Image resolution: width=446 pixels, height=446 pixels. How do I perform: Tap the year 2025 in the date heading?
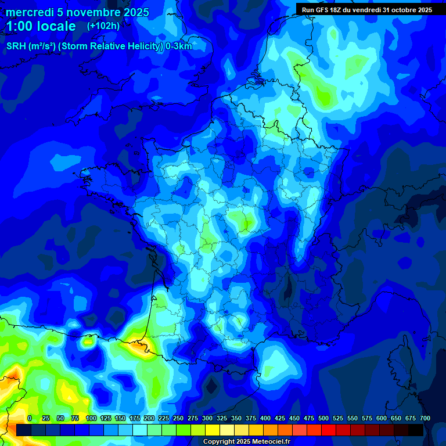(x=134, y=12)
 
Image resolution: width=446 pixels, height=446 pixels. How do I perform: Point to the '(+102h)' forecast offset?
(x=103, y=26)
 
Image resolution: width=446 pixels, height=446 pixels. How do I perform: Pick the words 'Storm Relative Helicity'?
(x=110, y=46)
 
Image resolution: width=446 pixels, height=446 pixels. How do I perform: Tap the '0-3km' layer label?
(x=178, y=46)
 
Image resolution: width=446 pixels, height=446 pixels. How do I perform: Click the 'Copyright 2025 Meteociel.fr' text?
(x=246, y=441)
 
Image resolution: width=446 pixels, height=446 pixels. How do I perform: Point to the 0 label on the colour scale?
(x=29, y=418)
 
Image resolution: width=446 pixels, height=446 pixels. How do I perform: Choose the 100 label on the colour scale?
(x=91, y=418)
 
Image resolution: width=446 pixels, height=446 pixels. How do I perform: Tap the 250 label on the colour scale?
(x=178, y=418)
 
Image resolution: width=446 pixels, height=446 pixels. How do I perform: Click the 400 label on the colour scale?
(x=265, y=418)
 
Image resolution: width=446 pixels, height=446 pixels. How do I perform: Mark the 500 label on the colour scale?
(x=323, y=418)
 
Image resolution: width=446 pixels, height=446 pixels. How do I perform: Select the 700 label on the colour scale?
(x=425, y=418)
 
